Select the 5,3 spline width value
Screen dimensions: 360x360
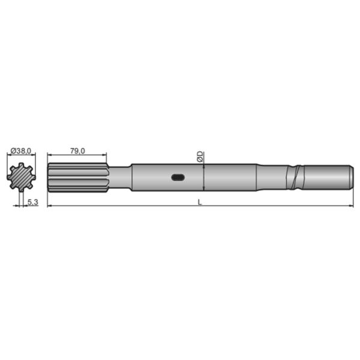click(33, 203)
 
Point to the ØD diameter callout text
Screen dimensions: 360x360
click(200, 157)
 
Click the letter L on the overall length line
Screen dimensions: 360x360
click(200, 202)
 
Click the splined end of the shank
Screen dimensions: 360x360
click(77, 177)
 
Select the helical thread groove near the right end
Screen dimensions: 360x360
click(295, 177)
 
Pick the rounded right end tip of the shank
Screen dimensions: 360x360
click(350, 177)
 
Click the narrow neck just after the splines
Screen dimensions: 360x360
click(120, 177)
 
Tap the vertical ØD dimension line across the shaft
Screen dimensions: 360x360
click(205, 177)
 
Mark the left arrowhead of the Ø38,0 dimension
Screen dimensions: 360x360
click(9, 156)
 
